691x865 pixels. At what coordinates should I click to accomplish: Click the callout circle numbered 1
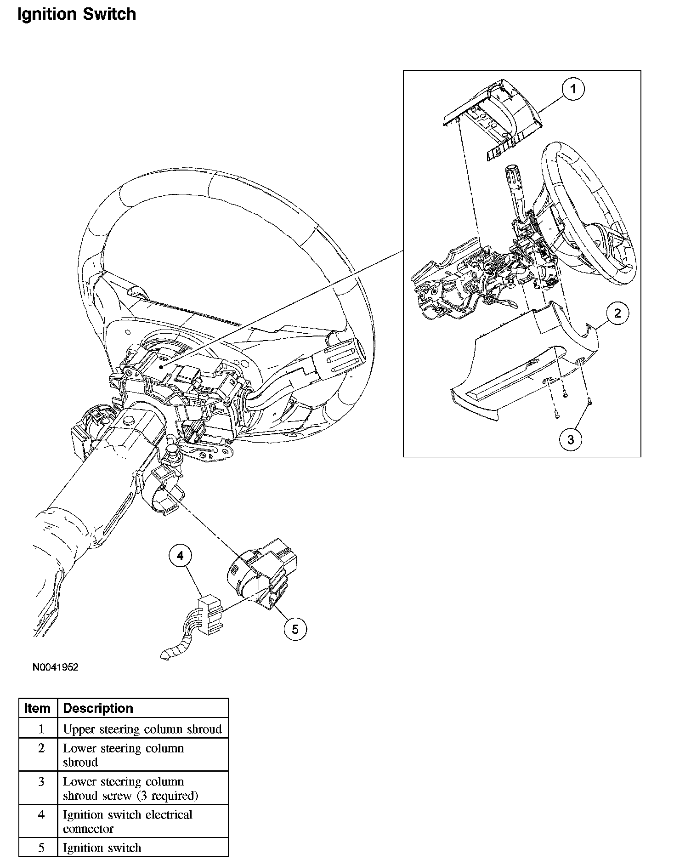(x=573, y=89)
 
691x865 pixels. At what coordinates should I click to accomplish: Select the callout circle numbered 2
(x=617, y=313)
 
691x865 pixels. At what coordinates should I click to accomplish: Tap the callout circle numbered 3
(x=571, y=439)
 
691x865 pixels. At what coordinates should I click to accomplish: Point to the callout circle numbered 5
(x=295, y=629)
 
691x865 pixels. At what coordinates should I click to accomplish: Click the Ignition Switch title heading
(x=77, y=14)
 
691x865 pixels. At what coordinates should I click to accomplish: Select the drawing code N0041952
(x=56, y=667)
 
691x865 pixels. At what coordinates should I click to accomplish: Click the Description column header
(x=98, y=708)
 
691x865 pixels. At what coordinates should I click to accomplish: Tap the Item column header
(x=38, y=708)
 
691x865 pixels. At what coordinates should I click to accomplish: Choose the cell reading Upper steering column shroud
(x=142, y=729)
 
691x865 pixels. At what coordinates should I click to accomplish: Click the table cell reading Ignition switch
(x=102, y=848)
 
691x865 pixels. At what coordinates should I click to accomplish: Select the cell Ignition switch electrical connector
(x=128, y=821)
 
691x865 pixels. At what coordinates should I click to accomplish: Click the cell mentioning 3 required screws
(x=130, y=788)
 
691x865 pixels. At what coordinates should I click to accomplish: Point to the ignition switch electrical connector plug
(x=210, y=615)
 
